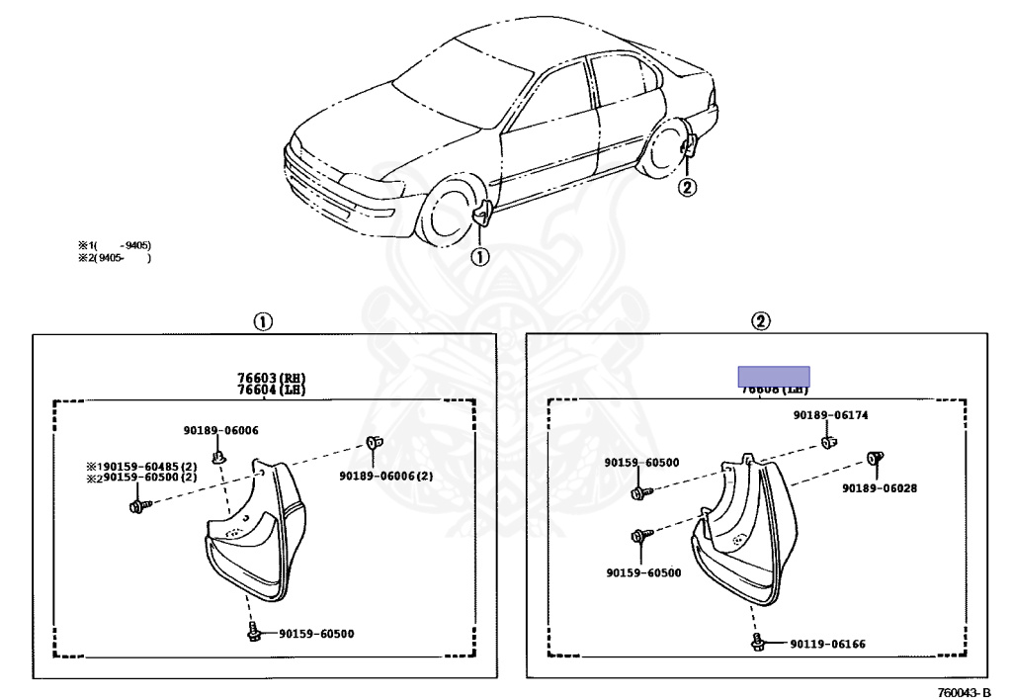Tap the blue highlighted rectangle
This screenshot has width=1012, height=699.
pyautogui.click(x=774, y=376)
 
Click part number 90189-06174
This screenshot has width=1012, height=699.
pyautogui.click(x=830, y=415)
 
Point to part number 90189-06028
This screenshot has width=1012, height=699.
pyautogui.click(x=880, y=487)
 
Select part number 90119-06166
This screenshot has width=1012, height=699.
pyautogui.click(x=827, y=645)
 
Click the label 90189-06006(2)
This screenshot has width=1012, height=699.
pyautogui.click(x=385, y=476)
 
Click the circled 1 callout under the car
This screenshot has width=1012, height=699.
pyautogui.click(x=478, y=257)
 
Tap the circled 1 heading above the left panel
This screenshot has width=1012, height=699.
pyautogui.click(x=262, y=321)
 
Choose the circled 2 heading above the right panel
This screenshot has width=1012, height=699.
pyautogui.click(x=761, y=321)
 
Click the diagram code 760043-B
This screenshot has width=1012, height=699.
pyautogui.click(x=964, y=690)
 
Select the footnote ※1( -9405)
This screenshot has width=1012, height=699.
pyautogui.click(x=115, y=245)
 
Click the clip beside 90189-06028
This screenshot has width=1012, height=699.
pyautogui.click(x=874, y=458)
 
